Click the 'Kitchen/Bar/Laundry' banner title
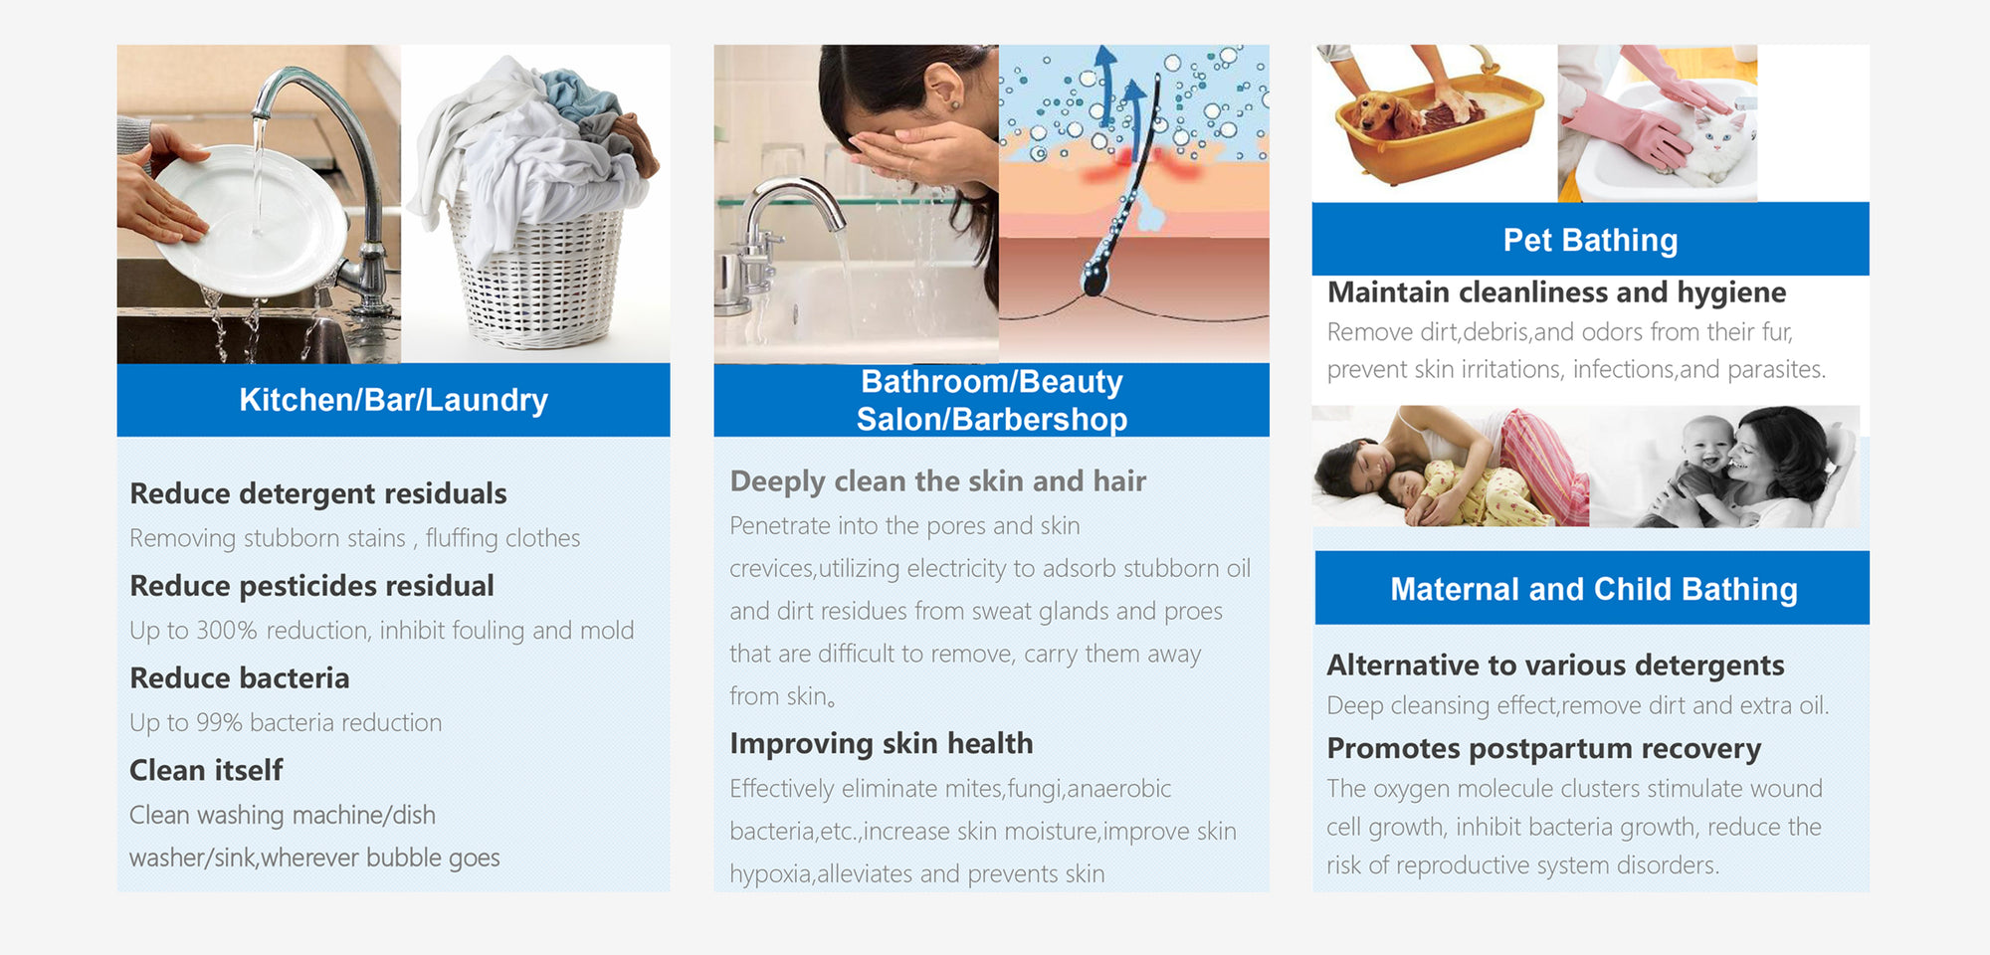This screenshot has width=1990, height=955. tap(393, 400)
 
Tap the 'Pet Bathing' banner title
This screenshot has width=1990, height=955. tap(1590, 240)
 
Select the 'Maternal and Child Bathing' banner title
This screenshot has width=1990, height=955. tap(1593, 589)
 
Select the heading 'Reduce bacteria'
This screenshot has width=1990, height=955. tap(240, 678)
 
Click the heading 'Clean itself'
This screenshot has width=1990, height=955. tap(206, 770)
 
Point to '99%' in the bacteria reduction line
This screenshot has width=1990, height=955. tap(219, 723)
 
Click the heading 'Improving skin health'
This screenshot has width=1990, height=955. tap(882, 744)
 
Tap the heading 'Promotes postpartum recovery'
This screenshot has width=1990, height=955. tap(1544, 749)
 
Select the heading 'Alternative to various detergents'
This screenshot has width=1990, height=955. tap(1555, 665)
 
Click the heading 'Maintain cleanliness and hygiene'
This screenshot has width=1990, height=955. tap(1556, 292)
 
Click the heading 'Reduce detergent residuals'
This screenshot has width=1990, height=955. tap(318, 494)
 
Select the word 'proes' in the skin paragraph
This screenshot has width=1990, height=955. tap(1193, 612)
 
